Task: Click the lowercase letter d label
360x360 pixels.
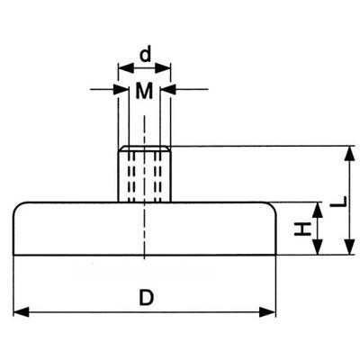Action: [146, 55]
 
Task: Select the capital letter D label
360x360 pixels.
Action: [146, 297]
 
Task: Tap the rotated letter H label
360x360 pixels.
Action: [301, 229]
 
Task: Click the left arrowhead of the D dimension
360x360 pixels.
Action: [22, 312]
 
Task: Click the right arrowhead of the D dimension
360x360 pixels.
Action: [267, 312]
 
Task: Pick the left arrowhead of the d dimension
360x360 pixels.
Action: [126, 68]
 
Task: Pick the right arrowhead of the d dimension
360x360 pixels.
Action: [163, 68]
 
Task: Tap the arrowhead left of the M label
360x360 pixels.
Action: [121, 89]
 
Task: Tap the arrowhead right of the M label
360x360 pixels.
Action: [167, 89]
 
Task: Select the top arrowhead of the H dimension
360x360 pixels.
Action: [318, 210]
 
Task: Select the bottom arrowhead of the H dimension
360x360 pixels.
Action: [318, 247]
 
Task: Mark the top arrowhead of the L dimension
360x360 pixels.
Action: [348, 154]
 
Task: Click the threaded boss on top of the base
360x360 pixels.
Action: [144, 174]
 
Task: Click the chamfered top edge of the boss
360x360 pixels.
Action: [144, 148]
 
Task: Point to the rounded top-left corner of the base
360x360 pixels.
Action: [19, 207]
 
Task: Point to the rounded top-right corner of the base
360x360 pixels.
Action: [271, 207]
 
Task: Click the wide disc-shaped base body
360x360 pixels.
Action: [145, 229]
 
